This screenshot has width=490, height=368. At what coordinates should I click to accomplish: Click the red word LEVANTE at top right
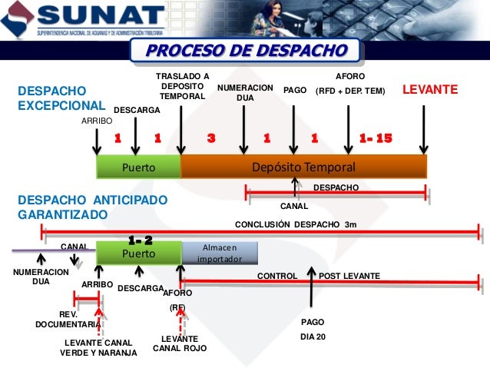pyautogui.click(x=430, y=91)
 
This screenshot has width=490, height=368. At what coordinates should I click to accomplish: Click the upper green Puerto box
pyautogui.click(x=138, y=167)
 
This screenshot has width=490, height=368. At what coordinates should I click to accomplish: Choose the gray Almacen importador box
pyautogui.click(x=219, y=253)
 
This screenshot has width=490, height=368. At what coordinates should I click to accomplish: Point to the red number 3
pyautogui.click(x=211, y=138)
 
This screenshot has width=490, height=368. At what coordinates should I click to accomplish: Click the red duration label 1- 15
pyautogui.click(x=376, y=138)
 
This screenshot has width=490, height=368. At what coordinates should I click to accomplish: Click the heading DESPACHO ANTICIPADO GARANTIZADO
pyautogui.click(x=91, y=207)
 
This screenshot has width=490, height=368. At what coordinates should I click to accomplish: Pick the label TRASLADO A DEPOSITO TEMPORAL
pyautogui.click(x=182, y=87)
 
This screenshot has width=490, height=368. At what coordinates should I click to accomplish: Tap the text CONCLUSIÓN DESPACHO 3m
pyautogui.click(x=295, y=225)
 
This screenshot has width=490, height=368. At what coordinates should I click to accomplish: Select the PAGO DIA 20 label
pyautogui.click(x=313, y=329)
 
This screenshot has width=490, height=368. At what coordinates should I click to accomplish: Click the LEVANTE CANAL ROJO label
pyautogui.click(x=180, y=343)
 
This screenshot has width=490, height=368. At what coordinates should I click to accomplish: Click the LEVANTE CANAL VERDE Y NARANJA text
pyautogui.click(x=98, y=347)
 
